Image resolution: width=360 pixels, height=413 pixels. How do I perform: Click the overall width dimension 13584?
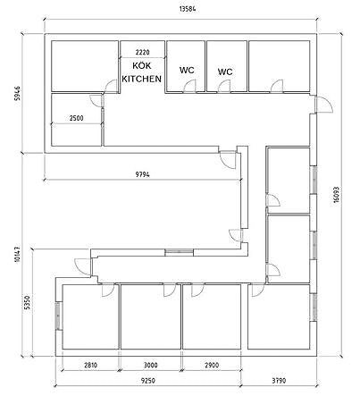pyautogui.click(x=188, y=9)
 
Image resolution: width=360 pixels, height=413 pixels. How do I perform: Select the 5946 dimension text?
pyautogui.click(x=18, y=93)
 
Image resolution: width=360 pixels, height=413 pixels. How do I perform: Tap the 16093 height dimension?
pyautogui.click(x=336, y=195)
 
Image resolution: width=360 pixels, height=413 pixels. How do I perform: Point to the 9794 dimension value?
pyautogui.click(x=143, y=174)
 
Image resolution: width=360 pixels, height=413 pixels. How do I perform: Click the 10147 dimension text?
pyautogui.click(x=17, y=254)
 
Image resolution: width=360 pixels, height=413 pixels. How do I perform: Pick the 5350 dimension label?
pyautogui.click(x=27, y=302)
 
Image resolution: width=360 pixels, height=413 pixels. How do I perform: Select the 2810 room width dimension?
pyautogui.click(x=90, y=365)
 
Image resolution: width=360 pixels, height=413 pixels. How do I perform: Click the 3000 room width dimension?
pyautogui.click(x=151, y=365)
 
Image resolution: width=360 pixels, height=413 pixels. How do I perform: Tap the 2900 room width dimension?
pyautogui.click(x=212, y=365)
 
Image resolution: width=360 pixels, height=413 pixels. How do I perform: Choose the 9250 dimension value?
pyautogui.click(x=148, y=381)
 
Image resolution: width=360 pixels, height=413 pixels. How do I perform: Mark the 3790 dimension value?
pyautogui.click(x=279, y=381)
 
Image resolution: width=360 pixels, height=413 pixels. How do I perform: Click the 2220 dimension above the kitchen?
pyautogui.click(x=142, y=53)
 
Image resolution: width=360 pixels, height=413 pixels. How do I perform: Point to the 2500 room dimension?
pyautogui.click(x=77, y=118)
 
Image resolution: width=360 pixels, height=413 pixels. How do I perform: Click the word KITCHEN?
pyautogui.click(x=142, y=79)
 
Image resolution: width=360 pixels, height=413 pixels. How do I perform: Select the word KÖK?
pyautogui.click(x=142, y=65)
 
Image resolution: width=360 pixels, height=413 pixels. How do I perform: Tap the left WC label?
pyautogui.click(x=187, y=71)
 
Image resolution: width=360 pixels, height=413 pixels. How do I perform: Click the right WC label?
pyautogui.click(x=225, y=72)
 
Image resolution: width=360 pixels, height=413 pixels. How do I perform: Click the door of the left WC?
pyautogui.click(x=189, y=87)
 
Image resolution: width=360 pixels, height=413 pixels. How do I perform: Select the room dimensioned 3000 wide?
pyautogui.click(x=151, y=316)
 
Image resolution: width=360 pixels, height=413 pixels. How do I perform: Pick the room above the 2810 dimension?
pyautogui.click(x=90, y=316)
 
